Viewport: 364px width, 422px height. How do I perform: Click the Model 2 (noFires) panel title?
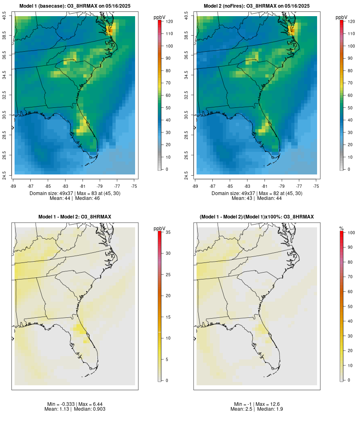(257, 6)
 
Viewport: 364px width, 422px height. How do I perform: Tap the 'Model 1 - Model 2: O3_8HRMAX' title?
(75, 217)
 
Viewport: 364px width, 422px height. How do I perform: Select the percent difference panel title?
(257, 217)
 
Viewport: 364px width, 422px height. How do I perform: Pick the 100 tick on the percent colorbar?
(351, 233)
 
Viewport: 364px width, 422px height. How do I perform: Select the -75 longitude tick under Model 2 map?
(316, 186)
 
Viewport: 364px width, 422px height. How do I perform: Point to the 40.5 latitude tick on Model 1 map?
(4, 16)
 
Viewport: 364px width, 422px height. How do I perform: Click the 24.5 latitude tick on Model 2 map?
(186, 175)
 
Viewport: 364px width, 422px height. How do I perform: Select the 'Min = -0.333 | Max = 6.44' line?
(75, 404)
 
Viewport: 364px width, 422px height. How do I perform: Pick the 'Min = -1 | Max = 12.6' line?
(257, 404)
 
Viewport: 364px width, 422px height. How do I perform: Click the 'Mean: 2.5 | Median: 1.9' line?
(257, 409)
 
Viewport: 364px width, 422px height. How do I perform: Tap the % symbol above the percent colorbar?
(341, 229)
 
